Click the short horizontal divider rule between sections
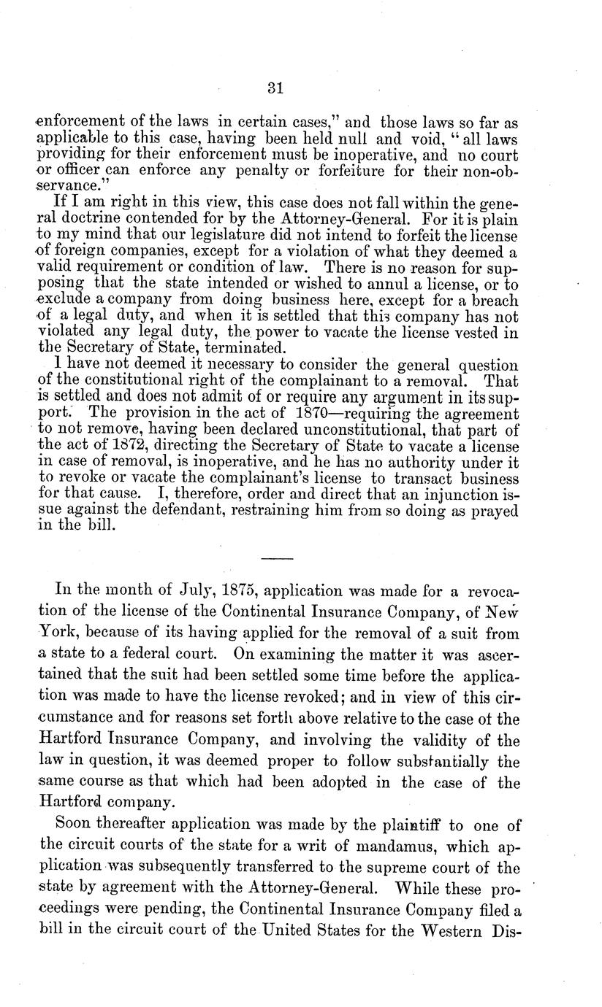pyautogui.click(x=276, y=558)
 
